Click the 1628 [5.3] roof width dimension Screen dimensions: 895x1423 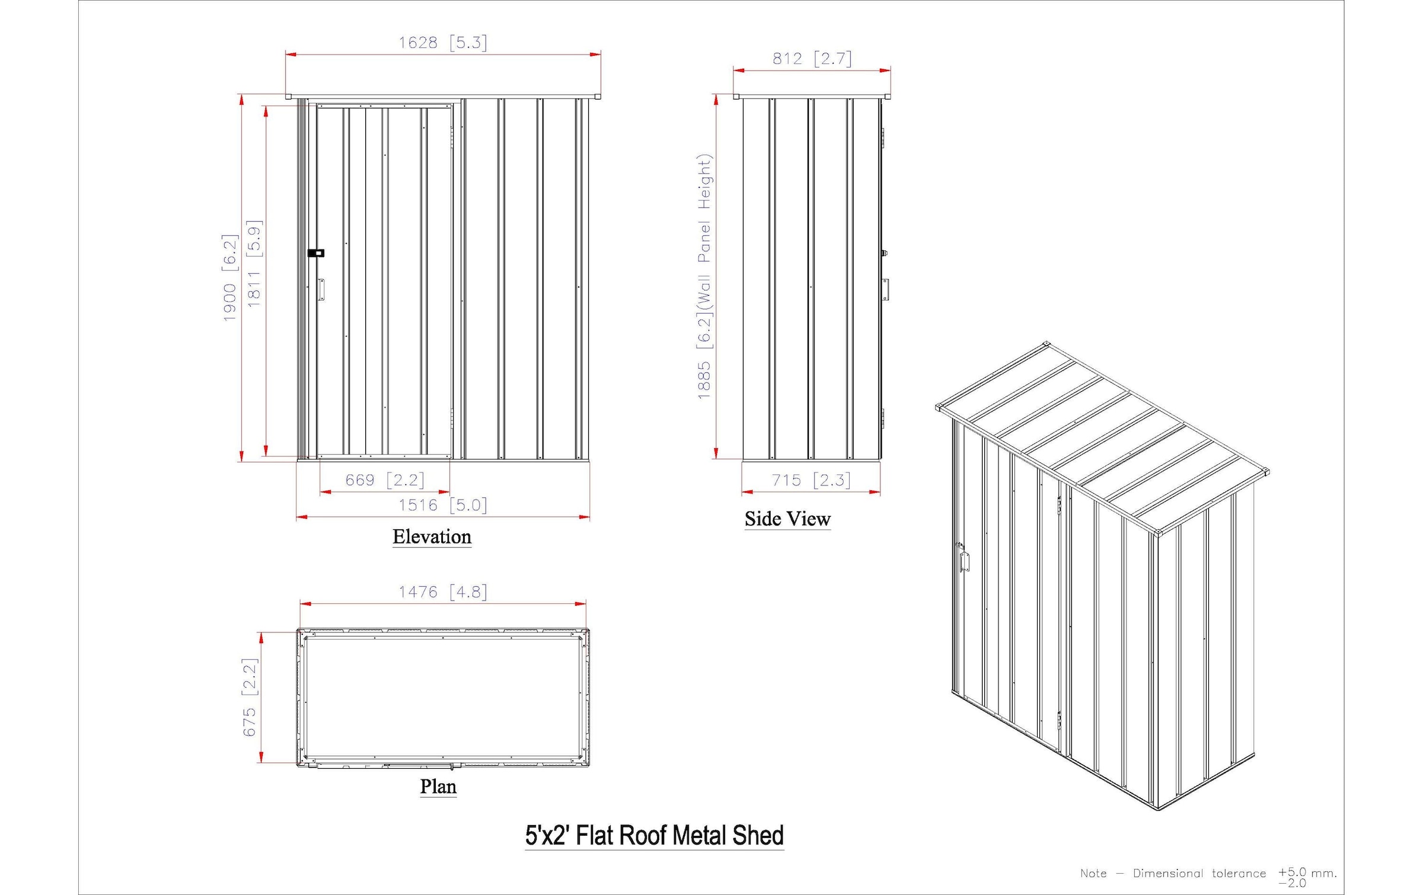click(442, 43)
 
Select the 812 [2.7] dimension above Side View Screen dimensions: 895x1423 click(811, 59)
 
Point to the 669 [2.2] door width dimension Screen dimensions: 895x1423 click(385, 480)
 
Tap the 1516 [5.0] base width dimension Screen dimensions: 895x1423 click(442, 505)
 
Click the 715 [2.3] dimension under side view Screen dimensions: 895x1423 click(811, 480)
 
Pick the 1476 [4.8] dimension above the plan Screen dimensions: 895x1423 click(442, 592)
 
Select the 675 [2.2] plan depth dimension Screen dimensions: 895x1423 click(250, 697)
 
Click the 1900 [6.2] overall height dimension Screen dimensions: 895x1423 click(230, 277)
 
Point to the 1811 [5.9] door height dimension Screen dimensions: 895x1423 click(254, 264)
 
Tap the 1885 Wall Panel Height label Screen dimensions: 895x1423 click(704, 276)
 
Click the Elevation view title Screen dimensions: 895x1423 click(432, 536)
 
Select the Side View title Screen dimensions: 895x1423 click(787, 519)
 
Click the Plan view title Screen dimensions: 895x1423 click(438, 787)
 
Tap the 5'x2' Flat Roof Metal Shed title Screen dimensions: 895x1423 click(654, 835)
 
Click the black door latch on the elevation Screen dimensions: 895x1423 click(316, 253)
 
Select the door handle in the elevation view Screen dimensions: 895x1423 click(321, 290)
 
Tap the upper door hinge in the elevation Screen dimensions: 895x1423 click(452, 137)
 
